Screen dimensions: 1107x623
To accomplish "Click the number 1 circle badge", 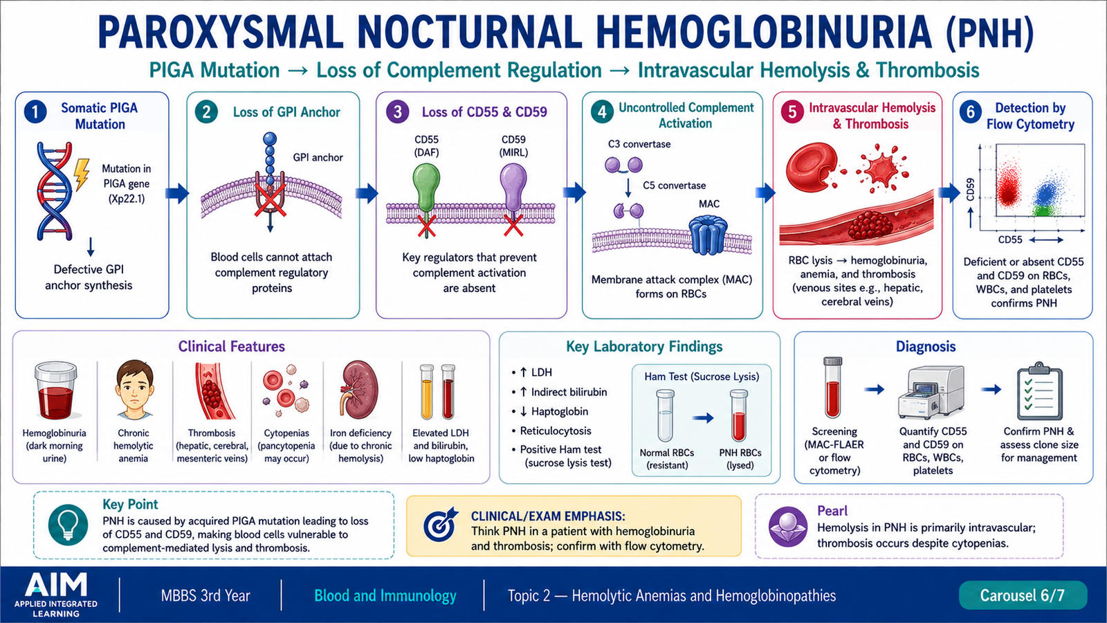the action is pos(35,112).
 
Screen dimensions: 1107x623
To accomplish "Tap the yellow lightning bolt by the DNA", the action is pos(82,174).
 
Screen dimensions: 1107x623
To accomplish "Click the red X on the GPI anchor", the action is pos(270,201).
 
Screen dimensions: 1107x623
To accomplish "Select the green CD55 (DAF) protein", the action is pos(426,187).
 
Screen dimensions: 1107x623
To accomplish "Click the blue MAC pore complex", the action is pos(708,234).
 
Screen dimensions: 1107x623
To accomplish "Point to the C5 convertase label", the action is pos(674,186).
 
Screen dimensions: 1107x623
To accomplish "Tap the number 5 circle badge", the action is pos(792,112).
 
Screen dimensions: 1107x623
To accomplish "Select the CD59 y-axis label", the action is pos(970,190).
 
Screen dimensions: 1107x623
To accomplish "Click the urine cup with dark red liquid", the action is pos(55,390).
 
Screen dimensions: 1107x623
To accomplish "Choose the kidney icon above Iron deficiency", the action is pos(359,388).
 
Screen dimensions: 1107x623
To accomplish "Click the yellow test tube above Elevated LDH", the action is pos(426,392).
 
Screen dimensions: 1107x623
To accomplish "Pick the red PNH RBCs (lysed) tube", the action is pos(739,415).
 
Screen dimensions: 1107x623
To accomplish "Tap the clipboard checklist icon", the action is pos(1039,392).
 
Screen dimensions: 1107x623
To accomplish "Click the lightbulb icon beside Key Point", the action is pos(68,525).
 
